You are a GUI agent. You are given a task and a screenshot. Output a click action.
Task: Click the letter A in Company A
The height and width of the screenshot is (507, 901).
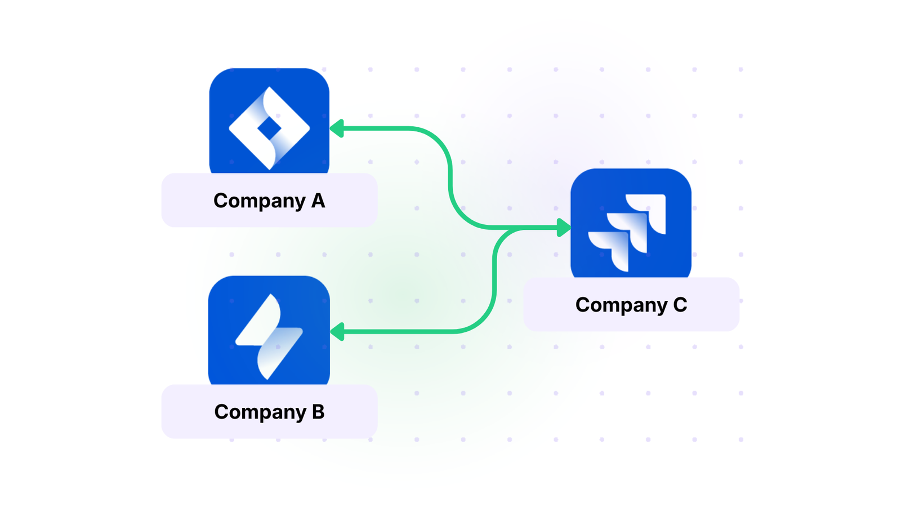click(x=318, y=201)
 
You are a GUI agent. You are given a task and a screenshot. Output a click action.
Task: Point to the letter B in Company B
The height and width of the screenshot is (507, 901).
click(x=318, y=412)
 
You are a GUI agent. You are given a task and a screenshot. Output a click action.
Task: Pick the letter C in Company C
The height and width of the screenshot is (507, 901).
click(x=680, y=305)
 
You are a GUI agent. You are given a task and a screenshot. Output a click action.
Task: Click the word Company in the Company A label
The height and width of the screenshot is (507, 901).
click(x=259, y=201)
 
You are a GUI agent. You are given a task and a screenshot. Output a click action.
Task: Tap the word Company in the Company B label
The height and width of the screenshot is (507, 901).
click(x=260, y=412)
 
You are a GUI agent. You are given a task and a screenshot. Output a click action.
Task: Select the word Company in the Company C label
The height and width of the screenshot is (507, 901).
click(x=621, y=305)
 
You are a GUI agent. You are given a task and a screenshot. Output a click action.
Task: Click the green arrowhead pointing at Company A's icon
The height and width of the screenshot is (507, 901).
click(x=337, y=128)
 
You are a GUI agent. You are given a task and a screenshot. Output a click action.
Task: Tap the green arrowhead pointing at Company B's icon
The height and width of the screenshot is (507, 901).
click(x=337, y=332)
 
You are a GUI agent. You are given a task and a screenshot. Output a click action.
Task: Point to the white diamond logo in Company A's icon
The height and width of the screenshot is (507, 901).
click(x=242, y=128)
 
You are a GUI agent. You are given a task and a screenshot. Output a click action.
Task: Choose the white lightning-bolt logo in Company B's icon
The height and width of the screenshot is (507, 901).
click(x=269, y=336)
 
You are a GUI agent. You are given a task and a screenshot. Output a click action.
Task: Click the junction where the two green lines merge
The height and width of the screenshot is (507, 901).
click(x=510, y=228)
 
